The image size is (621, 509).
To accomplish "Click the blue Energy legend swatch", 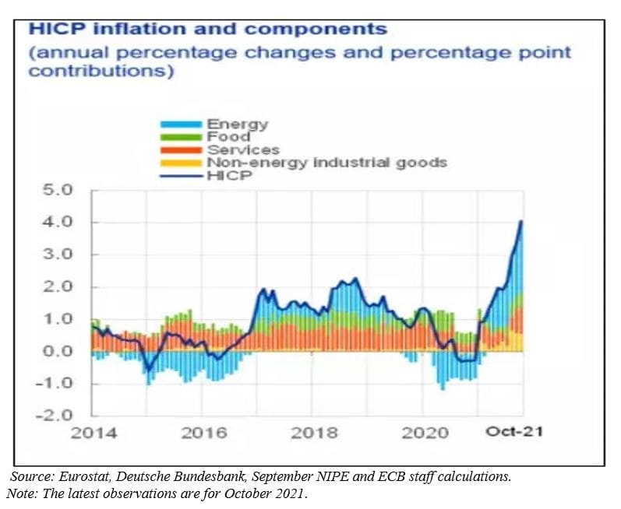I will pyautogui.click(x=181, y=125).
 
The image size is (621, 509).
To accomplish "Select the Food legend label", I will pyautogui.click(x=228, y=137).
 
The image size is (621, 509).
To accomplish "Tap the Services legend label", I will pyautogui.click(x=242, y=149).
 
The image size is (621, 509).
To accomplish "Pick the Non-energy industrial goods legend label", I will pyautogui.click(x=326, y=162).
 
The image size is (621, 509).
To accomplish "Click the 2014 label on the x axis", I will pyautogui.click(x=94, y=434).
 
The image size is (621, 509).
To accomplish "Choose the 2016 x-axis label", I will pyautogui.click(x=204, y=434).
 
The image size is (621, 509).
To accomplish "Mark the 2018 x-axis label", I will pyautogui.click(x=314, y=434).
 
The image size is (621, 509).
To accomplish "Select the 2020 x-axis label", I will pyautogui.click(x=425, y=434).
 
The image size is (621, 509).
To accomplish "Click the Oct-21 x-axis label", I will pyautogui.click(x=513, y=432).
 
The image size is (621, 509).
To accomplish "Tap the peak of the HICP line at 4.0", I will pyautogui.click(x=520, y=222).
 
